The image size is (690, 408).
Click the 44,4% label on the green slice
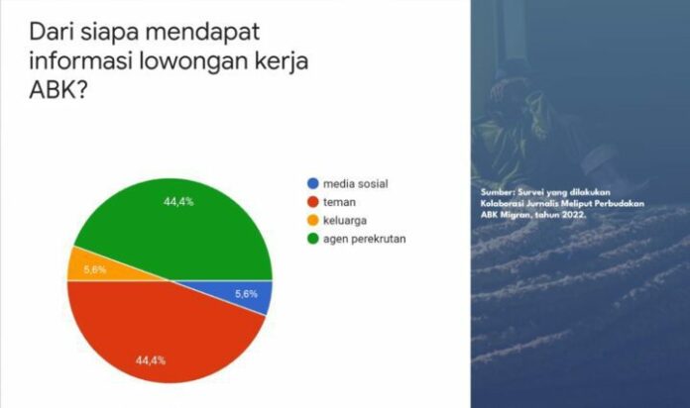click(178, 202)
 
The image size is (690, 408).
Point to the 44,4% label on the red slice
click(151, 360)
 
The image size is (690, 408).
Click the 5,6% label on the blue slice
click(246, 294)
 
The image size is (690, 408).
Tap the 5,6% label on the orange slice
click(95, 269)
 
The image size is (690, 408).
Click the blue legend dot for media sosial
click(313, 184)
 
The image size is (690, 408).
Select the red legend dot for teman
click(313, 202)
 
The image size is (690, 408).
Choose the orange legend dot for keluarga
click(313, 220)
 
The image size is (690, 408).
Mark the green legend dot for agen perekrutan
click(313, 239)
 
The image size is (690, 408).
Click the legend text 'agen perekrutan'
click(365, 240)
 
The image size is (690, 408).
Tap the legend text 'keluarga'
click(345, 220)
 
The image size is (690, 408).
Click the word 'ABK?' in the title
click(58, 90)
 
